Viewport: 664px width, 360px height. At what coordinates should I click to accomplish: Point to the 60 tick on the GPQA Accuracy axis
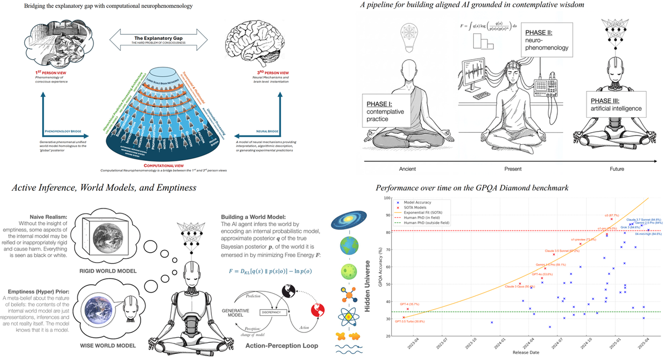pos(381,267)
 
